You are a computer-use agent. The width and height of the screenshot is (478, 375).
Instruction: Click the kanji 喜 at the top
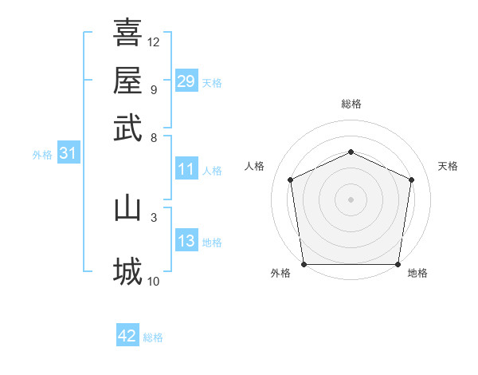coord(127,33)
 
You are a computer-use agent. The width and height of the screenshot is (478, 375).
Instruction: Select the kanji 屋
coord(127,80)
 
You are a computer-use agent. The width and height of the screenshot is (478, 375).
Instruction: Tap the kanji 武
coord(127,127)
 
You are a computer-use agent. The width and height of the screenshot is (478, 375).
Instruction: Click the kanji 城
coord(127,271)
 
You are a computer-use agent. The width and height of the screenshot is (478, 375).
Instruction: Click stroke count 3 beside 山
coord(154,216)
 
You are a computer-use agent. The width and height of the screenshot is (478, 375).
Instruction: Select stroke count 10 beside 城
coord(154,281)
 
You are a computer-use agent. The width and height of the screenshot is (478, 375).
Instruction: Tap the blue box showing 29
coord(186,81)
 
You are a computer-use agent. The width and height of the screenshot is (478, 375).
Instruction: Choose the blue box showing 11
coord(186,169)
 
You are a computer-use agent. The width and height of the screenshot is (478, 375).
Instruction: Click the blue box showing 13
coord(186,242)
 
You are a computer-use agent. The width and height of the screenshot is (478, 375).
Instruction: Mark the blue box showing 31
coord(68,154)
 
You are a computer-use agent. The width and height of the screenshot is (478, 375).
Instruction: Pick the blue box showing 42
coord(127,336)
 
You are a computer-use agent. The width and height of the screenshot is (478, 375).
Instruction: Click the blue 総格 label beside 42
coord(153,337)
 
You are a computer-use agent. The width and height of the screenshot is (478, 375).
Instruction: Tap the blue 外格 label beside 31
coord(41,155)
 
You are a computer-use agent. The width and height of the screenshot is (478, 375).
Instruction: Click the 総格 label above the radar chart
coord(351,104)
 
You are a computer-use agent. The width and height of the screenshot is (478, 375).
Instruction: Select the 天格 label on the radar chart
coord(448,166)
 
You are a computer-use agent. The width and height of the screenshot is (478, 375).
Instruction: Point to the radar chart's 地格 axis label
coord(417,273)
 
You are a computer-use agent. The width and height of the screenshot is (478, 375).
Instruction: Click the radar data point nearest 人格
coord(291,180)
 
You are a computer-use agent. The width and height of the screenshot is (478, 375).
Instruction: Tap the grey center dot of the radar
coord(351,199)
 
